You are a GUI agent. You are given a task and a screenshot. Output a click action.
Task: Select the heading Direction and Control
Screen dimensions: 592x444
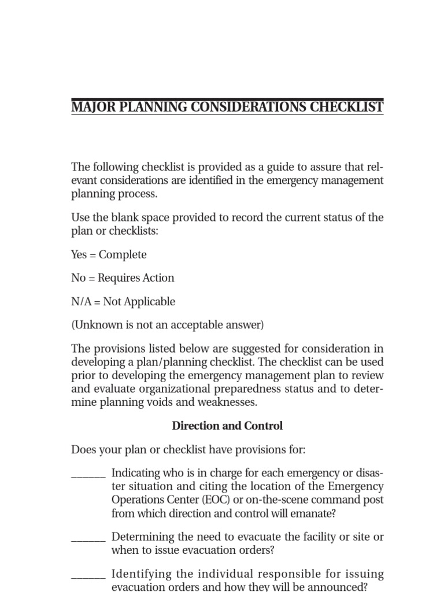227,426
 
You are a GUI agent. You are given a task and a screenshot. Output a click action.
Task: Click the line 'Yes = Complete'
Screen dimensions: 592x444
109,255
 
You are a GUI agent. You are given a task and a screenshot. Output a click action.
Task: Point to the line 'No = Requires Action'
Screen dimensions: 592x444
123,278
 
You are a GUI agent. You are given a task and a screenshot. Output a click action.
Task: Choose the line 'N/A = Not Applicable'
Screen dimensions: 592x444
123,302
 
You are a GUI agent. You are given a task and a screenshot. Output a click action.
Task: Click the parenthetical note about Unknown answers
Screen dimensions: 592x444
168,325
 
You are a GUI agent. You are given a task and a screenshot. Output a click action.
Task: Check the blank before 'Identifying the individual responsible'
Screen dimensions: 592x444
88,576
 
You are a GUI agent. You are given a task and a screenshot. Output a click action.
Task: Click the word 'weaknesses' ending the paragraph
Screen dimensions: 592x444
229,402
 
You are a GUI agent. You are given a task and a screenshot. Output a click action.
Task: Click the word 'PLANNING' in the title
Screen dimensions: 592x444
152,108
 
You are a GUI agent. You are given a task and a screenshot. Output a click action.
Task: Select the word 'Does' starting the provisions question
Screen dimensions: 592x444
83,450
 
